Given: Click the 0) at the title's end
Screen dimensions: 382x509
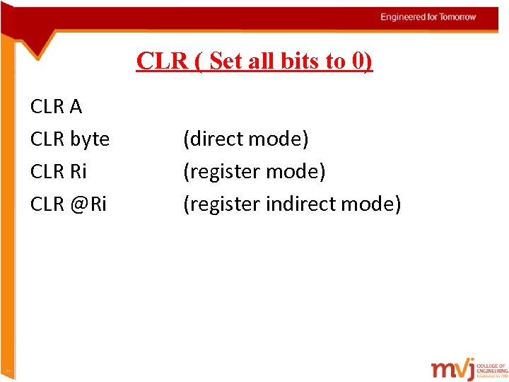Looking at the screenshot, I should pos(361,62).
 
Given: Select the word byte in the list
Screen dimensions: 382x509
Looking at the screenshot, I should pos(90,139).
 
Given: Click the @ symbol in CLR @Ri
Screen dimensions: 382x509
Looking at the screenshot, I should pos(78,204).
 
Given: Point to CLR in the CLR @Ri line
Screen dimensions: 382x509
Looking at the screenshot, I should pos(47,204).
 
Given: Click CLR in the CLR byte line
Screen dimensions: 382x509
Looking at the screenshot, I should pos(47,139).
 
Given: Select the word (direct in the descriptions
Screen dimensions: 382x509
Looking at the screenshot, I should pos(211,139).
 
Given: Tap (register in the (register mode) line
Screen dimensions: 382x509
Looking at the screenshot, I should pos(222,172).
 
